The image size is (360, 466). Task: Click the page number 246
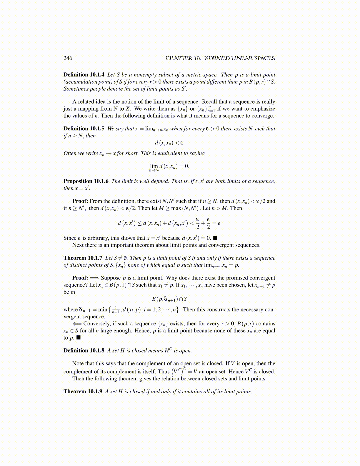coord(68,58)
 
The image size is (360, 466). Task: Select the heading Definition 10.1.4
coord(84,75)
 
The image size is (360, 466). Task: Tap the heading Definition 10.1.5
coord(84,129)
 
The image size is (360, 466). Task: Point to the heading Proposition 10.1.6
coord(86,181)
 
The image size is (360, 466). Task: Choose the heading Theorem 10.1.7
coord(83,258)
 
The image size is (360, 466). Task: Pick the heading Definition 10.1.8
coord(84,350)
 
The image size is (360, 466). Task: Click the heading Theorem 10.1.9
coord(83,392)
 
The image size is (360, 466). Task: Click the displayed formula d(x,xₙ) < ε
coord(169,143)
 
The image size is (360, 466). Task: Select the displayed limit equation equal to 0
coord(169,167)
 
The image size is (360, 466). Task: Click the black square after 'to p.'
coord(78,338)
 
